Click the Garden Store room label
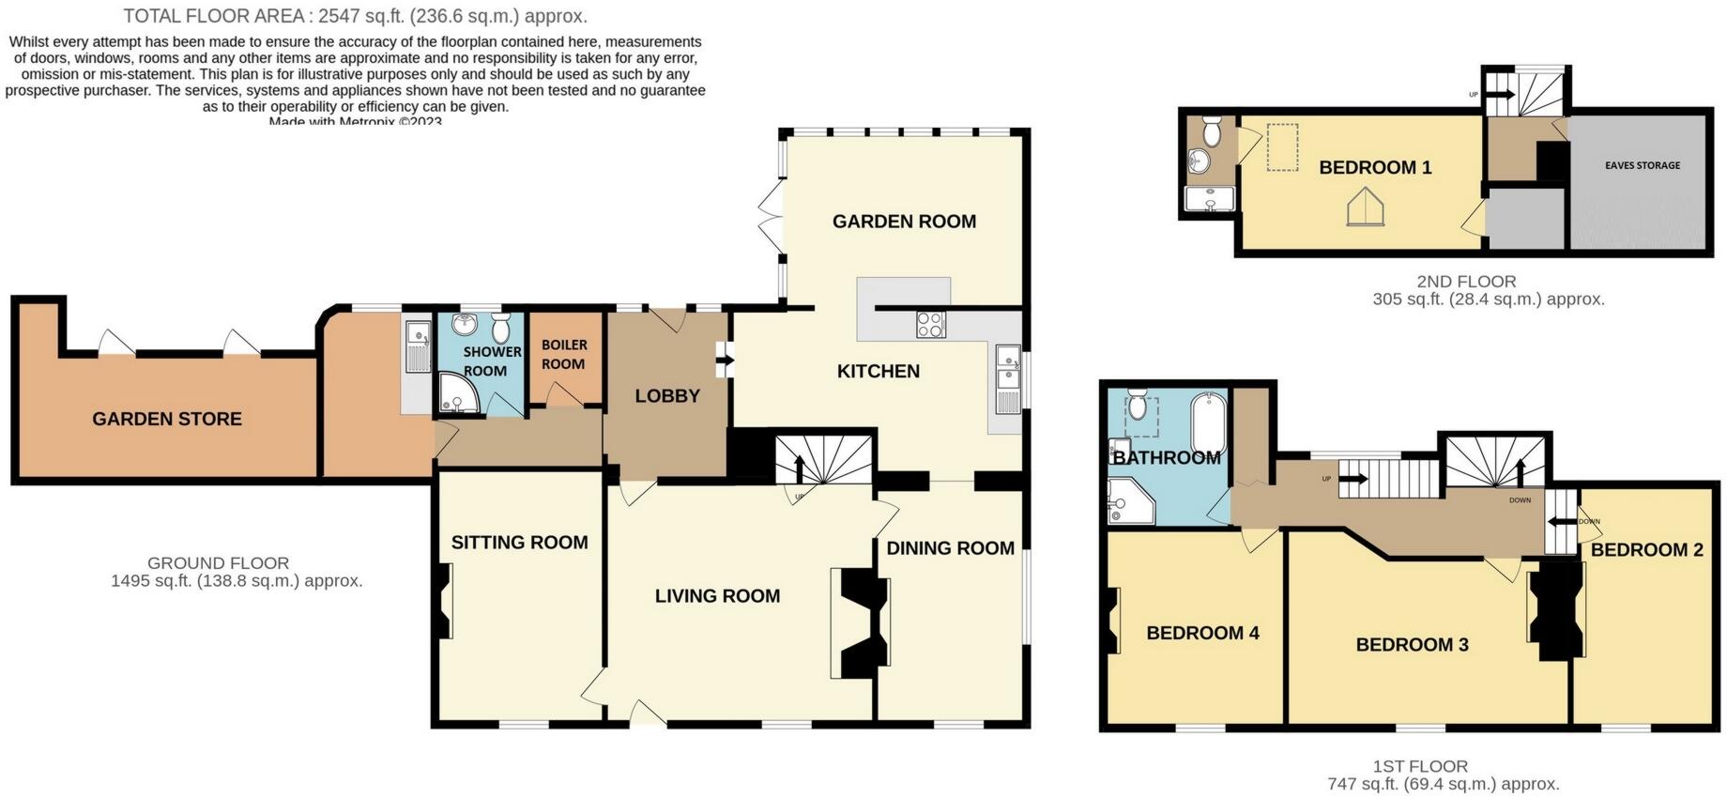(x=167, y=420)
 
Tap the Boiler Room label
(x=563, y=355)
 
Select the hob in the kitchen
(x=931, y=325)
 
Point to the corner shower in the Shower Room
(x=457, y=395)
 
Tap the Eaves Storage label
(x=1643, y=165)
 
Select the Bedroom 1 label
(x=1375, y=168)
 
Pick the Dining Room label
(x=950, y=548)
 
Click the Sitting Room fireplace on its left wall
(x=444, y=601)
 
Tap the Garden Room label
(x=904, y=222)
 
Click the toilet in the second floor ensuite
(x=1212, y=132)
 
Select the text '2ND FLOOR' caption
(x=1466, y=281)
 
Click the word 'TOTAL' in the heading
(x=152, y=16)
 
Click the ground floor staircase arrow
(x=799, y=468)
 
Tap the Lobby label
(x=667, y=396)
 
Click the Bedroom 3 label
(x=1412, y=645)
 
